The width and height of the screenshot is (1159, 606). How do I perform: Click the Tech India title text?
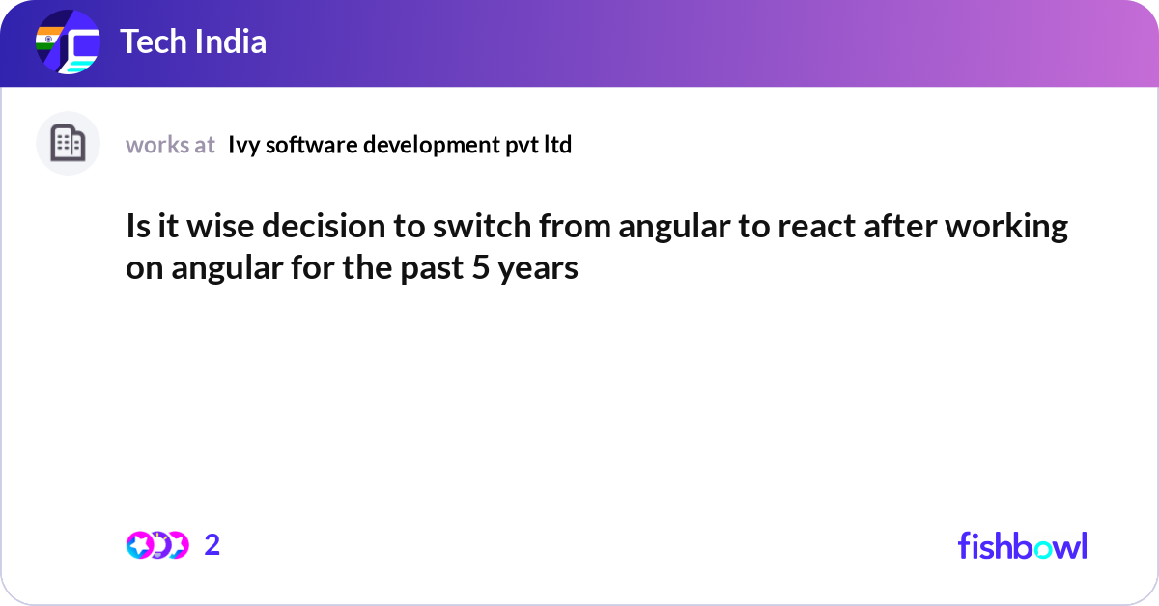193,42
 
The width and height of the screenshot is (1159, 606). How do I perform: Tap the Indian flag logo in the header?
68,43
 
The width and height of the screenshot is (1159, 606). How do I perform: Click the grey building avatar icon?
68,144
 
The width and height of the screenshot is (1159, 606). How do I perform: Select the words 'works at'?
170,145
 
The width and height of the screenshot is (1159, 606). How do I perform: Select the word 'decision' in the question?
322,227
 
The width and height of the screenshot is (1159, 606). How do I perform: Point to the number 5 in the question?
479,267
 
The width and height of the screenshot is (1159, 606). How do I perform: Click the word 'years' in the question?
538,267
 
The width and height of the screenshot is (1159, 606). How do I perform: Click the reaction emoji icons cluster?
156,545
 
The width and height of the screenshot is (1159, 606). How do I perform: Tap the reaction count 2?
212,545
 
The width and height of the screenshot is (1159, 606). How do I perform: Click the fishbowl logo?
1022,545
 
